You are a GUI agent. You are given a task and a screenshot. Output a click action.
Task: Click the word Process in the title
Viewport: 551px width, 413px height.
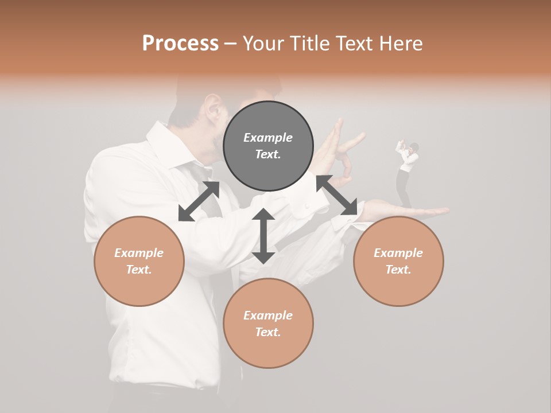tap(180, 44)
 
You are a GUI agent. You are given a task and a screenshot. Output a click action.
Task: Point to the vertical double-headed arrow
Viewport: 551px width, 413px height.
tap(263, 236)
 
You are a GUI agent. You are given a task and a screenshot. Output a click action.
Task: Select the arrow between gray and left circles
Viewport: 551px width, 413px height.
tap(199, 201)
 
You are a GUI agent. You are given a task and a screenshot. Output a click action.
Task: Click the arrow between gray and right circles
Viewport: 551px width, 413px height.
tap(337, 196)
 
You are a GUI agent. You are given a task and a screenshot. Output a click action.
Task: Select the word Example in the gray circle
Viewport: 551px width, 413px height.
tap(268, 138)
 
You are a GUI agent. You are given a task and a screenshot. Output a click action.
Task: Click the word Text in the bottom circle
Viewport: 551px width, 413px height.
tap(268, 332)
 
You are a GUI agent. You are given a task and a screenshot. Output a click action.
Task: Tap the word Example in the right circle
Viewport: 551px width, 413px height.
tap(398, 253)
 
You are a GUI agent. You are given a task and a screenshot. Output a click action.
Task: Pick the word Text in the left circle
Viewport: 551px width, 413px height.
tap(139, 270)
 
